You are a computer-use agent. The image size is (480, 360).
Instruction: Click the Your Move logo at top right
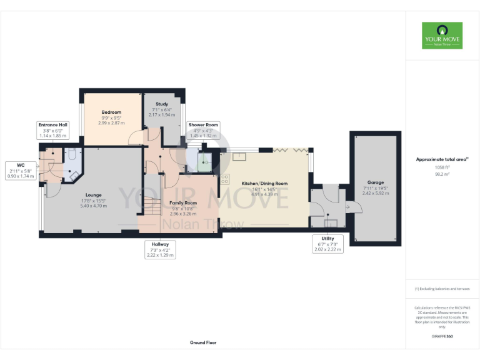442,36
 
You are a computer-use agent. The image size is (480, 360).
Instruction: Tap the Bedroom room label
111,112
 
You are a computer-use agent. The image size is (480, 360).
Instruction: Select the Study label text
162,104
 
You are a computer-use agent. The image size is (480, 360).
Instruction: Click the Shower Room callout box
203,130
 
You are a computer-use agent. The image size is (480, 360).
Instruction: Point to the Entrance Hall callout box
52,130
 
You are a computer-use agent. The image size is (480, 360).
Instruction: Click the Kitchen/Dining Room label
264,183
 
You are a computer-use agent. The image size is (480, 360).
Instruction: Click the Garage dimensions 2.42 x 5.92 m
375,193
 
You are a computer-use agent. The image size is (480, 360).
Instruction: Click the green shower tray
206,162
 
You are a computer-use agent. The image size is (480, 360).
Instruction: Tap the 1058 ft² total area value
442,168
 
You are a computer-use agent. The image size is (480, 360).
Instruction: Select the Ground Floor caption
203,342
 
